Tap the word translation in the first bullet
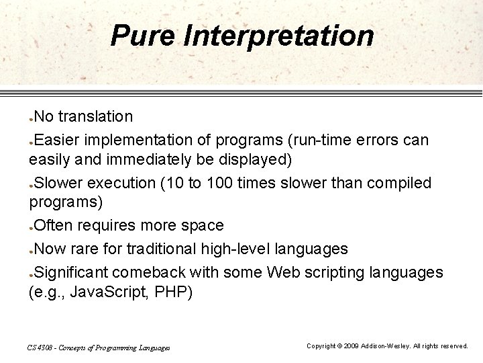point(95,116)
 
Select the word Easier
point(58,138)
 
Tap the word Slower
point(59,183)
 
